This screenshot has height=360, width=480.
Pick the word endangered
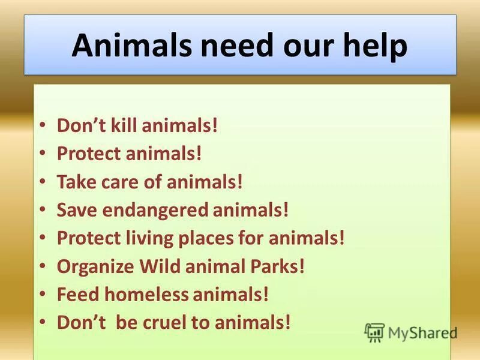click(x=157, y=210)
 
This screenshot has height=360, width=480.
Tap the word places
click(x=209, y=238)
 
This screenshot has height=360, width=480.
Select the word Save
click(x=73, y=210)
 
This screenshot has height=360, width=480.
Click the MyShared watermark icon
click(x=374, y=332)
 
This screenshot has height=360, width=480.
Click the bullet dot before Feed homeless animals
click(x=41, y=294)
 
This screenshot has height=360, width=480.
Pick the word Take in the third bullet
click(x=72, y=182)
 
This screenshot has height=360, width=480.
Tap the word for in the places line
click(x=253, y=238)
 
